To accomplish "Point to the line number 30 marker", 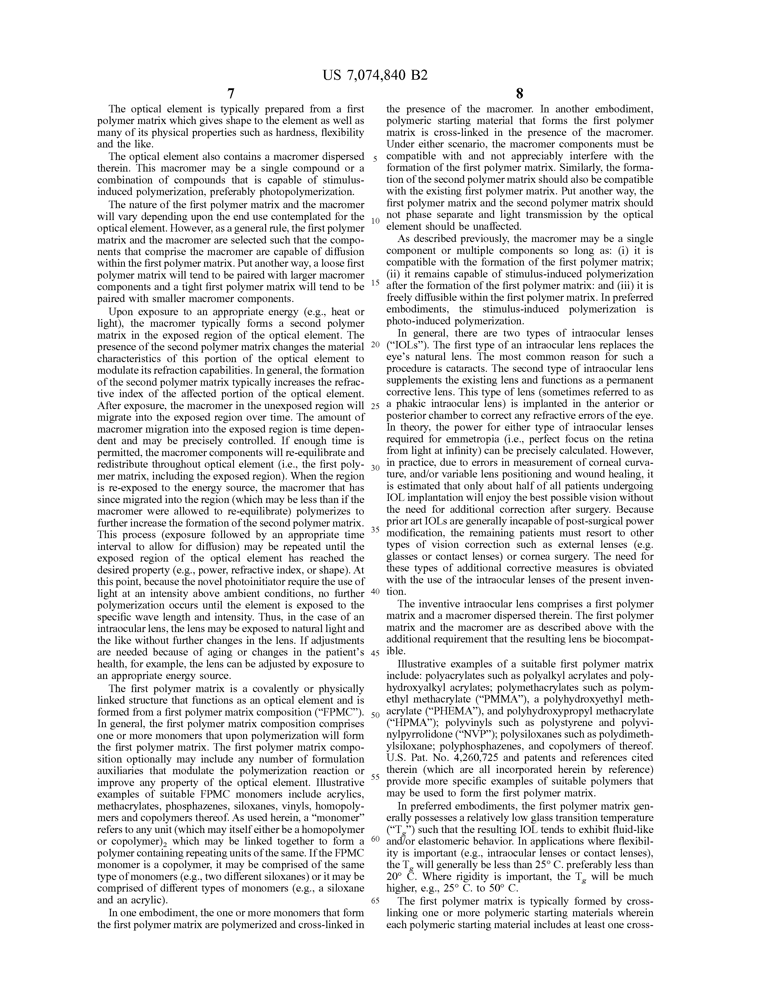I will coord(375,468).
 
